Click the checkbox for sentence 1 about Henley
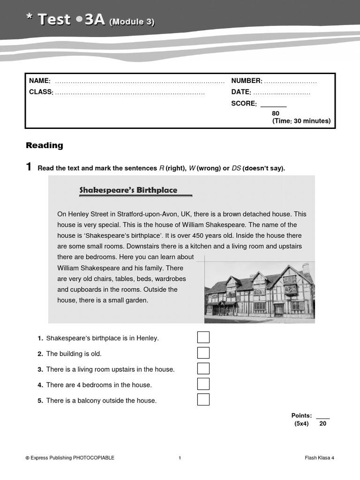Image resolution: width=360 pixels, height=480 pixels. point(203,337)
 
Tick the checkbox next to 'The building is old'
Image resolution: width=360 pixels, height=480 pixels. point(203,353)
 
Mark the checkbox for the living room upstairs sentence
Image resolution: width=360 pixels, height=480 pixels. point(203,368)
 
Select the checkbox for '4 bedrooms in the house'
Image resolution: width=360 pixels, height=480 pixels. point(203,384)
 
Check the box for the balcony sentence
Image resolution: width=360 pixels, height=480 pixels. point(203,399)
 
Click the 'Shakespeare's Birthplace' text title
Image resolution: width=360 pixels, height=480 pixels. point(128,190)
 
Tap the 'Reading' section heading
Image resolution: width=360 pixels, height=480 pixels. point(45,145)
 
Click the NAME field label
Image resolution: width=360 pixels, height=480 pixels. point(39,81)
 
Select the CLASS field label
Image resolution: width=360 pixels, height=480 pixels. point(41,92)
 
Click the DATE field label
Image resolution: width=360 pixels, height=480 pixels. point(241,92)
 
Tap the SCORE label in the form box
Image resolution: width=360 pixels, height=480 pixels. point(244,104)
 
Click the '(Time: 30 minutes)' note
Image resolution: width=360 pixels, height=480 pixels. point(301,121)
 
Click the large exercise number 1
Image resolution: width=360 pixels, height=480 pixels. point(29,167)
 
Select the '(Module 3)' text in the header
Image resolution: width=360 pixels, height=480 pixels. point(132,22)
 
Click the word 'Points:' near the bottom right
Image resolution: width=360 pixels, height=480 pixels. point(301,415)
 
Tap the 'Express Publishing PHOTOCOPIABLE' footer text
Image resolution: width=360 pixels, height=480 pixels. point(70,458)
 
